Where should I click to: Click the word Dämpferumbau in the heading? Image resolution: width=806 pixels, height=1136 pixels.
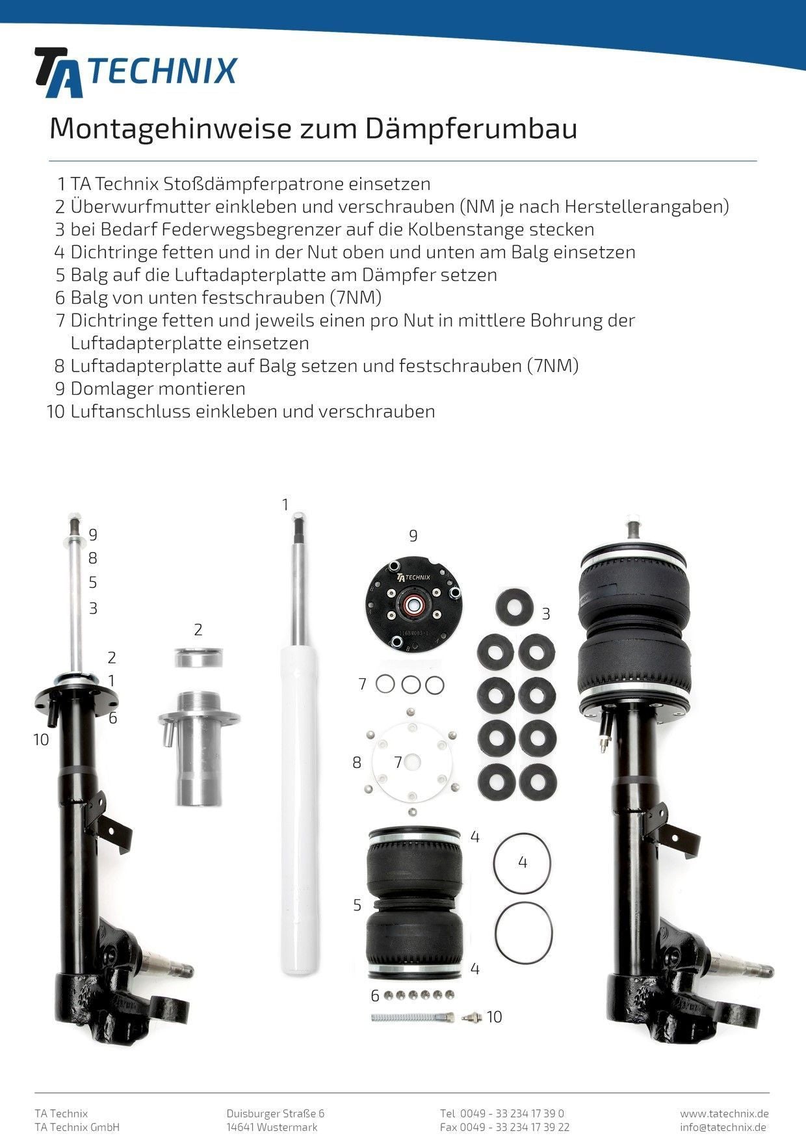coord(471,129)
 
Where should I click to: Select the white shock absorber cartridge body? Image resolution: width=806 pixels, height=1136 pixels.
coord(297,806)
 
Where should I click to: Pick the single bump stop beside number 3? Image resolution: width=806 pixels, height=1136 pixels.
coord(515,607)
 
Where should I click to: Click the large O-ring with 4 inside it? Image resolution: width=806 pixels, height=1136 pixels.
coord(523,864)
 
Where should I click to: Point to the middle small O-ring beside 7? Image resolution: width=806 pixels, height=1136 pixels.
coord(411,685)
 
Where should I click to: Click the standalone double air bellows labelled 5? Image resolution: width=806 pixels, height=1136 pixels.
coord(415,904)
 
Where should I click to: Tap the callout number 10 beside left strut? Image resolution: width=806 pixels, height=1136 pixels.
coord(41,740)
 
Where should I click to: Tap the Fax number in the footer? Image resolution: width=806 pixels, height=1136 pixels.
coord(504,1127)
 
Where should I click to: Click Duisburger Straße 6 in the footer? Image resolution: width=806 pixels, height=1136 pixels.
coord(275,1113)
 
